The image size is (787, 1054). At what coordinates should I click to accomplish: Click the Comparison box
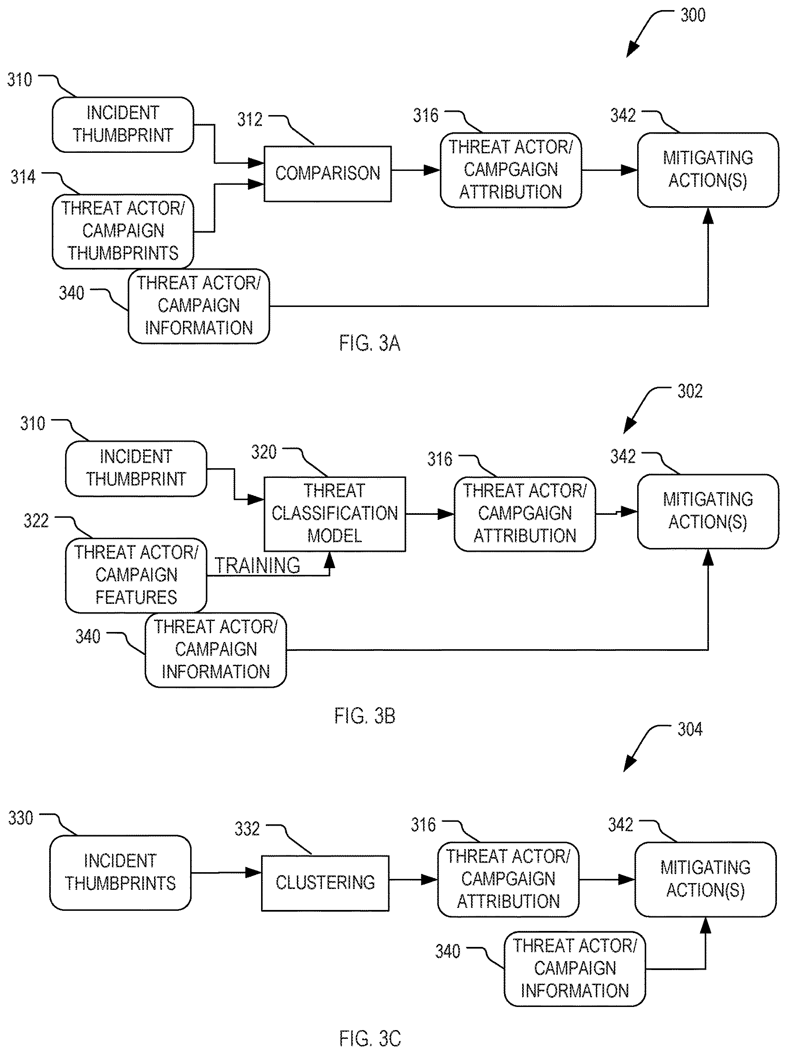(328, 173)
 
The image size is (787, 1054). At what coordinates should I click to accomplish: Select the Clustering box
(325, 883)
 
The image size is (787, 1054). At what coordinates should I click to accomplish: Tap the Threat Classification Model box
(335, 514)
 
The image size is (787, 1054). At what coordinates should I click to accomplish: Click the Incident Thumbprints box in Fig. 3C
(120, 873)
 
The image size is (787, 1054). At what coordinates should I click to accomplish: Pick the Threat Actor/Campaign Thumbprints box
(123, 231)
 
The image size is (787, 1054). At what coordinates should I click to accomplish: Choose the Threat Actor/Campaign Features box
(136, 575)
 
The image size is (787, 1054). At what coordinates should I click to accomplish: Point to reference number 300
(693, 15)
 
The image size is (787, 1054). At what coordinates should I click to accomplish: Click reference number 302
(690, 391)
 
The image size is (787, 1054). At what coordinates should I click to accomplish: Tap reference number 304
(690, 729)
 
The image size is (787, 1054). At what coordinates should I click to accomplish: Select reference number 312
(250, 119)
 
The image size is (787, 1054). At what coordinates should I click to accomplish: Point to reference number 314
(23, 177)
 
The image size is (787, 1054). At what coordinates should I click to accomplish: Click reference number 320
(264, 452)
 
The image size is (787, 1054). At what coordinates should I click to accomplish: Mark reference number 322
(36, 520)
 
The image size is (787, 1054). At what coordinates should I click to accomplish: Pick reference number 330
(21, 818)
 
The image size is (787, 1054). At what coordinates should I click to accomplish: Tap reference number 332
(247, 829)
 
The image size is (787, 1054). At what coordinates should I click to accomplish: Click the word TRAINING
(257, 566)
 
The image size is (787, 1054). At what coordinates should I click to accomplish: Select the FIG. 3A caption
(370, 343)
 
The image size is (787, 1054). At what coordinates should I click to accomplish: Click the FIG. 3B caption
(365, 716)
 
